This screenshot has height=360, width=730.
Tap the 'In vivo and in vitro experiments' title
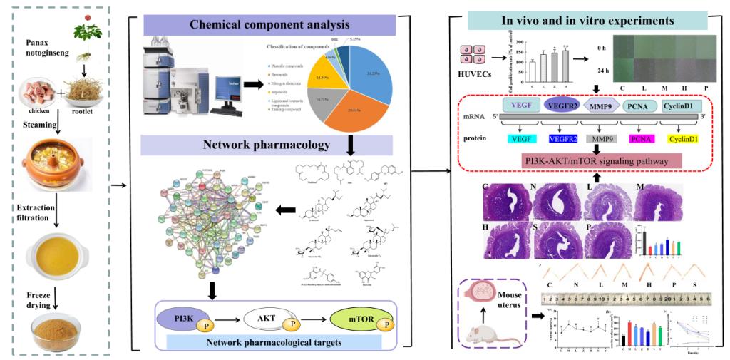coord(587,20)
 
